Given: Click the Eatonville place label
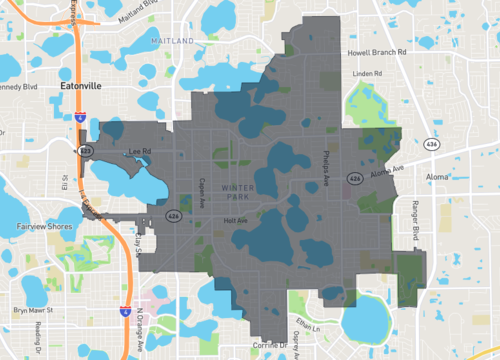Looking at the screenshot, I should [81, 86].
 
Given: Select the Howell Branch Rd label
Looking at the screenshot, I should [376, 52].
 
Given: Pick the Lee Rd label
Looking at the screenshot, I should [141, 152].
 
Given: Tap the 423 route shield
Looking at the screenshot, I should [86, 151].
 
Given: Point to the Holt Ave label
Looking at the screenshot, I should [235, 220].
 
